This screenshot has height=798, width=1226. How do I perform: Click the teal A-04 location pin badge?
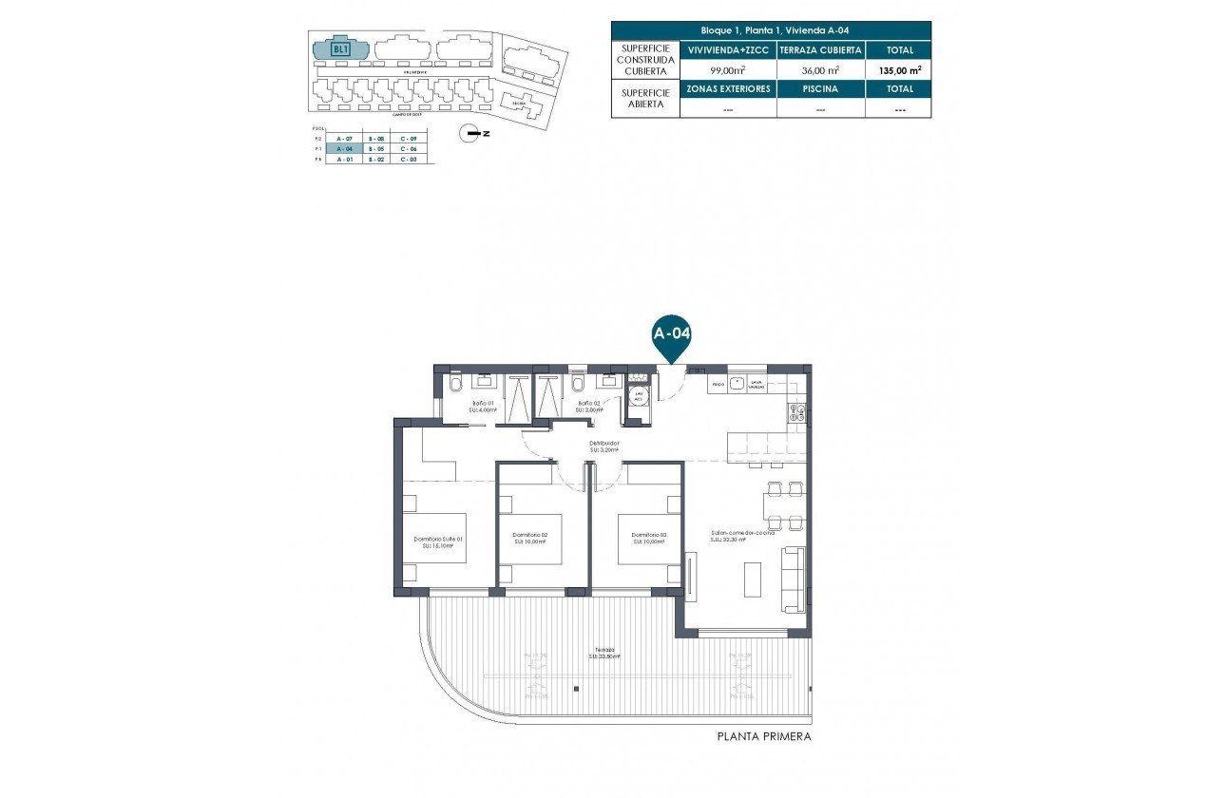(x=671, y=334)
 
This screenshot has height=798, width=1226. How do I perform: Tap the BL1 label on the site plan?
(x=339, y=48)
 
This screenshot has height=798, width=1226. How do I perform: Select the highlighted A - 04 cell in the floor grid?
(x=345, y=149)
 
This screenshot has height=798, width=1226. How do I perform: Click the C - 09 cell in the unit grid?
(x=409, y=139)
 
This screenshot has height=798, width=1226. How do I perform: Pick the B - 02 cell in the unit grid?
(x=376, y=160)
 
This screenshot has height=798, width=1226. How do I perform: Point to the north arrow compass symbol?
(x=468, y=134)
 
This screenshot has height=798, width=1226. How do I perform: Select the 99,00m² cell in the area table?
(x=727, y=69)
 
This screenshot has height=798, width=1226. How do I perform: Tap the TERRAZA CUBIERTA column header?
(x=820, y=50)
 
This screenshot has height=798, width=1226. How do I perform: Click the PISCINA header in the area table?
(x=820, y=88)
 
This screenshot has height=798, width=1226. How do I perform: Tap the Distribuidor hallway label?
(x=604, y=444)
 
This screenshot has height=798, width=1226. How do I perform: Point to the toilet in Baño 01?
(x=455, y=384)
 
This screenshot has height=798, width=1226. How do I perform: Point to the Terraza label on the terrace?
(x=593, y=650)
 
